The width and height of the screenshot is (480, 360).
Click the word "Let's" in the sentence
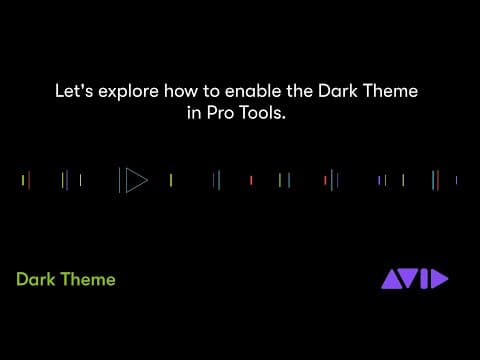74,91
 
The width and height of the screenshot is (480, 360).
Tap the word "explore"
128,92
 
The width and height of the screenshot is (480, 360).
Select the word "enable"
253,91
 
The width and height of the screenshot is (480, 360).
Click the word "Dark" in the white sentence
338,91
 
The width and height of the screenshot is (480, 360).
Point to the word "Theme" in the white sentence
390,91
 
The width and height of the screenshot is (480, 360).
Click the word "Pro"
220,113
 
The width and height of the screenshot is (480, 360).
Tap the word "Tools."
262,113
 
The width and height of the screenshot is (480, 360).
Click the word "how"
181,91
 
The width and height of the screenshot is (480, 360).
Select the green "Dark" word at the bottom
36,279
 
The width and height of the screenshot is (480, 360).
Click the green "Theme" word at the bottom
88,279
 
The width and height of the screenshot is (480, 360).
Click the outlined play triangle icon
136,180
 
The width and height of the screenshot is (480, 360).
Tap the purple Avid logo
415,279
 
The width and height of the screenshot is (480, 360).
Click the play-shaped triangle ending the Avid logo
439,279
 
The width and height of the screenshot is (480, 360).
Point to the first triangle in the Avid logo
392,280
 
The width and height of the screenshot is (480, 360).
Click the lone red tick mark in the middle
251,180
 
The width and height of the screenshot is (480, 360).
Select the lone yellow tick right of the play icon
171,180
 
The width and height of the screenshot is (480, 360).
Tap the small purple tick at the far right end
456,180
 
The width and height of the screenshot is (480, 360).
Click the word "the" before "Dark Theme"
300,91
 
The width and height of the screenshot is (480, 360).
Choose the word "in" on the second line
194,113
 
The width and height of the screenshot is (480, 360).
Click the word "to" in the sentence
211,91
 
